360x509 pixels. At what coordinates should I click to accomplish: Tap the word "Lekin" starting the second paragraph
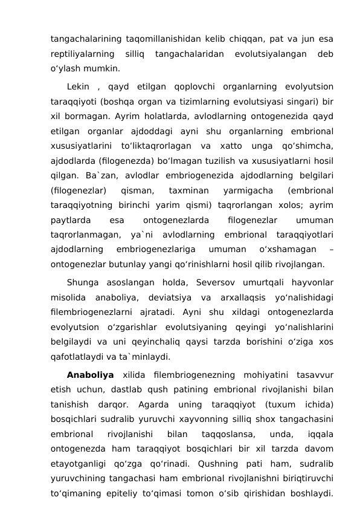tap(78, 85)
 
